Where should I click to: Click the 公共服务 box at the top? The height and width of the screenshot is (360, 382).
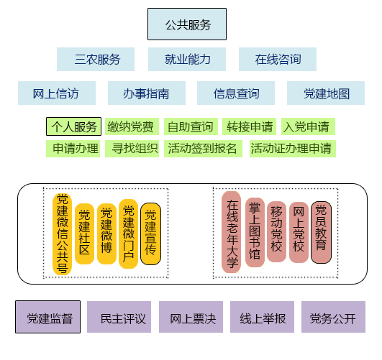tap(187, 24)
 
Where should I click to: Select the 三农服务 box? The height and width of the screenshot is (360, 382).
tap(96, 60)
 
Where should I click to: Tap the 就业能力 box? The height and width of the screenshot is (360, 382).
tap(187, 60)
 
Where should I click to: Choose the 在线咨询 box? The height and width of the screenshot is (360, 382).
tap(278, 60)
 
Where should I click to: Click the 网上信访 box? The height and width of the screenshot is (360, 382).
tap(57, 93)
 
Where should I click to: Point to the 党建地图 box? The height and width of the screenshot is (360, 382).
tap(326, 93)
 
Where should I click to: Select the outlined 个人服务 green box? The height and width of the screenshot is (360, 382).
tap(73, 126)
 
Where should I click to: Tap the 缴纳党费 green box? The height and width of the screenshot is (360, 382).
tap(132, 126)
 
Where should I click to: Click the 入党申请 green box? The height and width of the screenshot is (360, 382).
tap(308, 126)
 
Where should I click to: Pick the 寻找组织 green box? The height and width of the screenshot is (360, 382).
tap(132, 149)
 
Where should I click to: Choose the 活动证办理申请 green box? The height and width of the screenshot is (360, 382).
tap(293, 149)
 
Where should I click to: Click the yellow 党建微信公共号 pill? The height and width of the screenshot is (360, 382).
tap(62, 234)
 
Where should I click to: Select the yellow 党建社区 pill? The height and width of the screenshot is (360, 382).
tap(84, 234)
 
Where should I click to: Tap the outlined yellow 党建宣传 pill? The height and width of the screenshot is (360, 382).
tap(150, 234)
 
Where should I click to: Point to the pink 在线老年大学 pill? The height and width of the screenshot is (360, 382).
tap(231, 232)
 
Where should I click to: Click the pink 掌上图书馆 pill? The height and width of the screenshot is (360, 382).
tap(255, 232)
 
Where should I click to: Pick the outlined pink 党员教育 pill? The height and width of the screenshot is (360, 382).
tap(321, 232)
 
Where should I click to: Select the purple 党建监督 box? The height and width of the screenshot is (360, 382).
tap(47, 317)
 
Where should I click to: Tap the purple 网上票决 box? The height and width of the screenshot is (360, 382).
tap(191, 317)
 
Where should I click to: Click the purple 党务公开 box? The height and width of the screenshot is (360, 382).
tap(333, 317)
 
